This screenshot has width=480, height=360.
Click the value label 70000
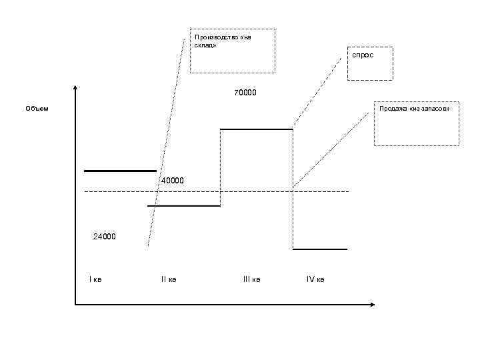(245, 92)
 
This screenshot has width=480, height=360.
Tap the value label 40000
(173, 181)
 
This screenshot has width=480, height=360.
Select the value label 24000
(104, 236)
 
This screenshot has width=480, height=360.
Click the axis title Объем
(37, 108)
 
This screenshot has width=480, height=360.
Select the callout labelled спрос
(363, 55)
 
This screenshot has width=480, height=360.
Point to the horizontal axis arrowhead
(371, 305)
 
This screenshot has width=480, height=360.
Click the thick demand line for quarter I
(120, 171)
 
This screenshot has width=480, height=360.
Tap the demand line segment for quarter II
(184, 206)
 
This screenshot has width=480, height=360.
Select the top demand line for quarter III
(257, 129)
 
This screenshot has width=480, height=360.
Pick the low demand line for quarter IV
(320, 249)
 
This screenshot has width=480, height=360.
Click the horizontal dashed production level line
(253, 192)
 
